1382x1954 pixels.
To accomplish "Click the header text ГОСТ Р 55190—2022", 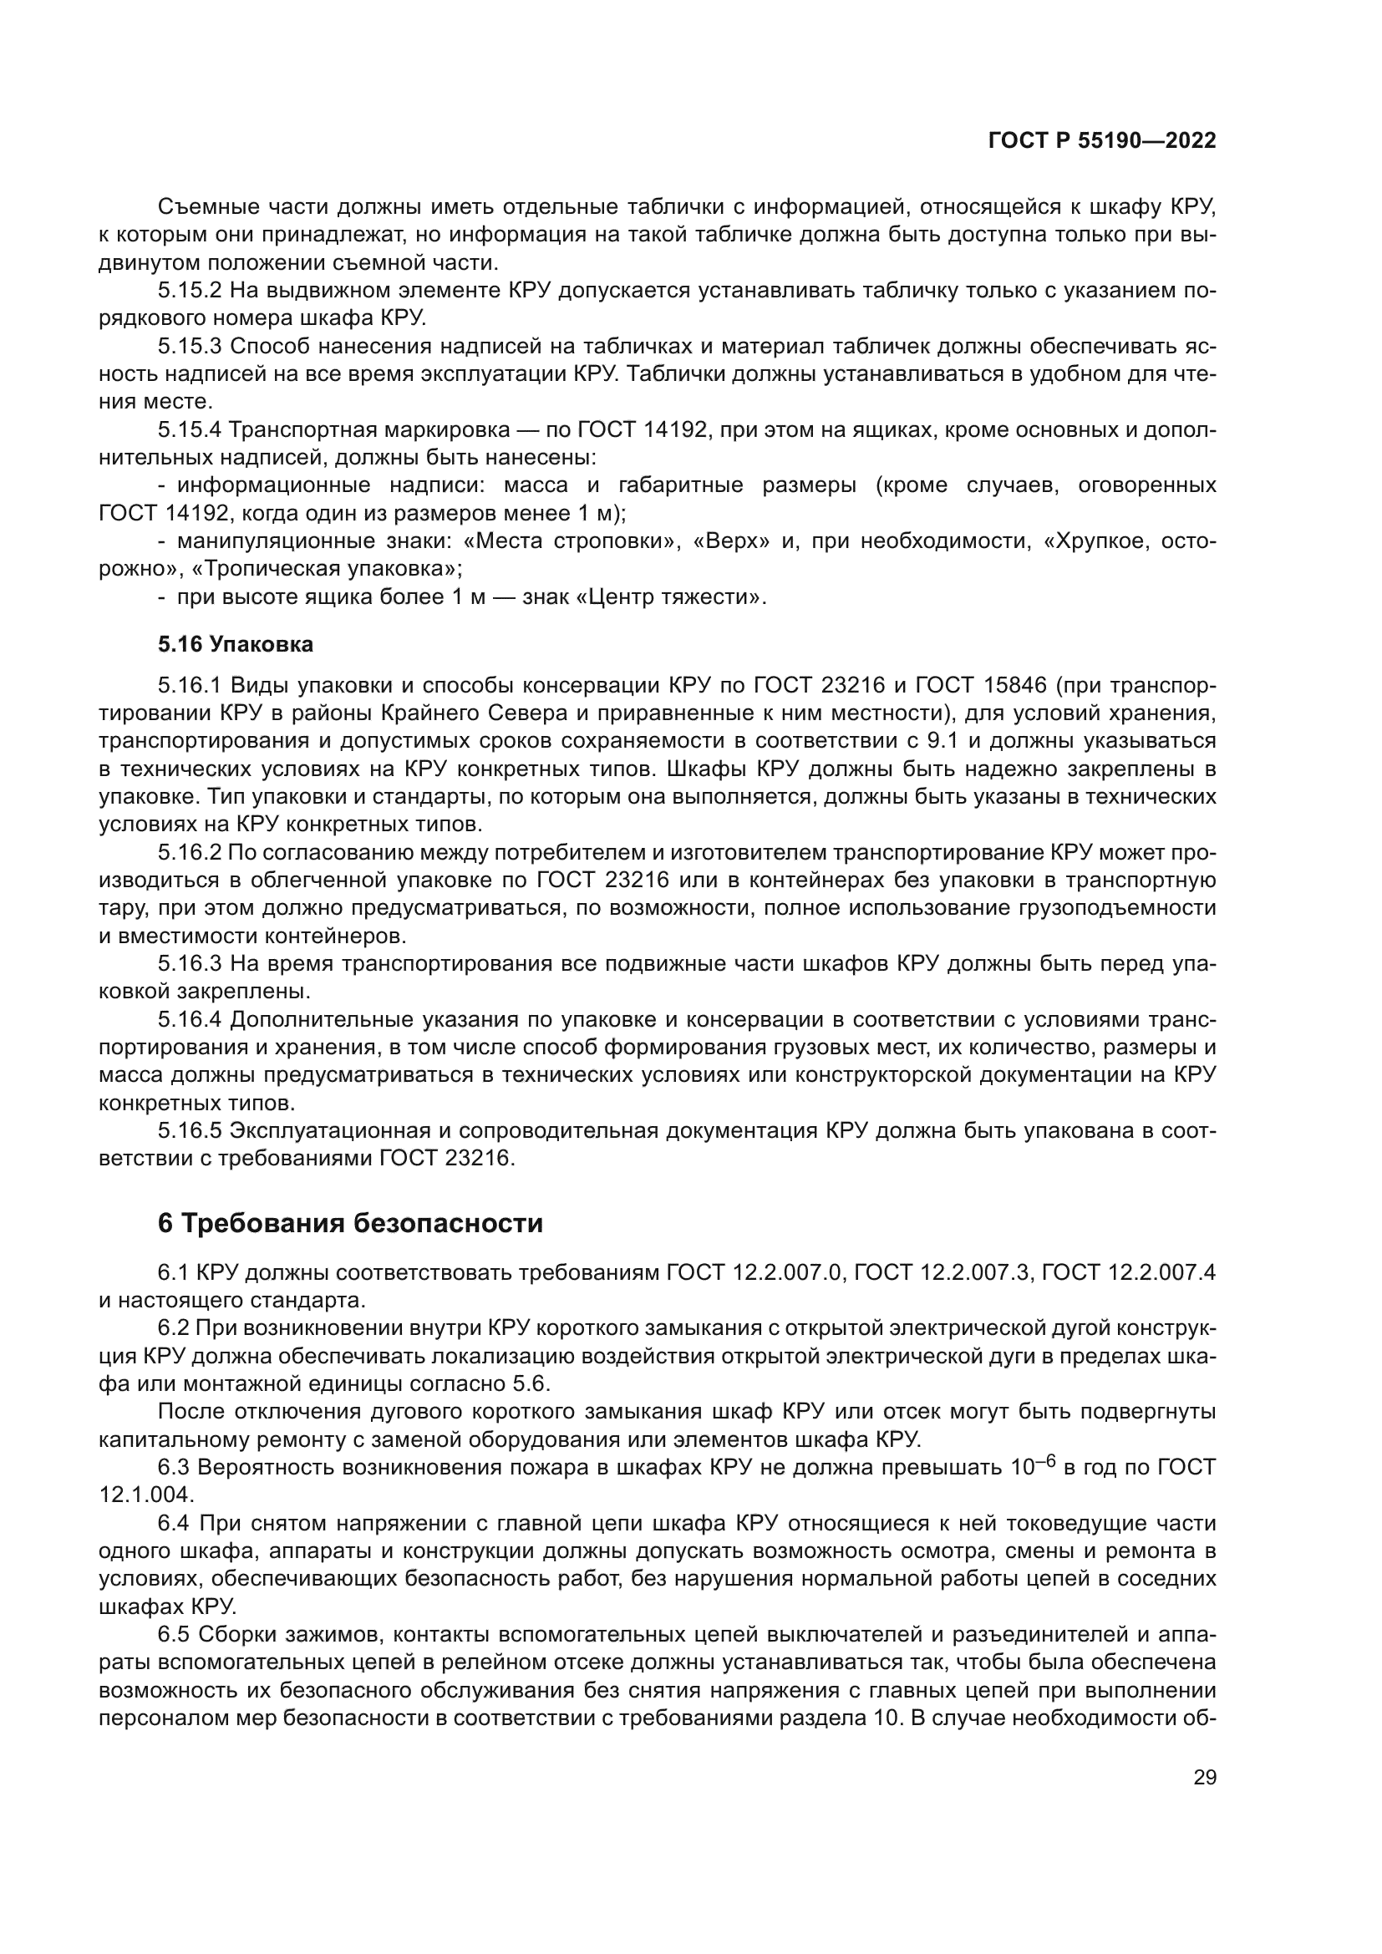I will (x=1101, y=141).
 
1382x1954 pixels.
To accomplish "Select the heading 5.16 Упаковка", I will (x=235, y=644).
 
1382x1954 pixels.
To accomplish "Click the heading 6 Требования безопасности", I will (x=350, y=1224).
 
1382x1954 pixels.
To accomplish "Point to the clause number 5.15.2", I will (x=189, y=291).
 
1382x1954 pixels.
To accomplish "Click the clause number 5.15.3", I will (x=189, y=347).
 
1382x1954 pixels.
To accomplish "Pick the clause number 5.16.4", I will (x=189, y=1019).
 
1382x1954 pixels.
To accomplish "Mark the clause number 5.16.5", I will (x=189, y=1131).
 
